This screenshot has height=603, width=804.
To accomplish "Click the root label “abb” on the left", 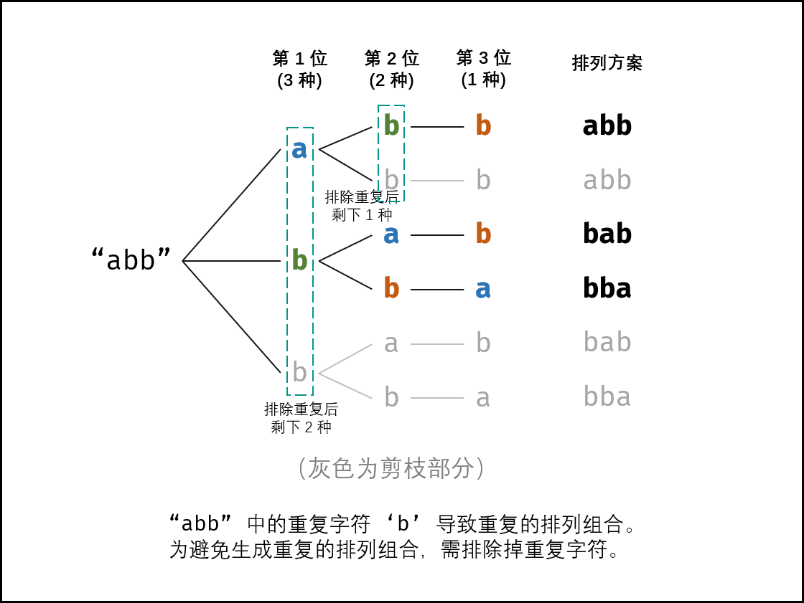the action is (x=131, y=260).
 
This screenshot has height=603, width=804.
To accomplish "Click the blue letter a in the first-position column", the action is (x=299, y=150).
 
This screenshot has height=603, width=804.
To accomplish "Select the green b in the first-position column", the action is (x=299, y=260).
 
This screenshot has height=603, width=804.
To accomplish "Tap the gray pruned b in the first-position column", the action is (x=299, y=371).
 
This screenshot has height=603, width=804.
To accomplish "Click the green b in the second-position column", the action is (x=391, y=125).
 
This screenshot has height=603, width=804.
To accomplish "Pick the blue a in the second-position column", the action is (x=391, y=235).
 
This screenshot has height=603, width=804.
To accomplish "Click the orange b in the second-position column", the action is (x=391, y=288).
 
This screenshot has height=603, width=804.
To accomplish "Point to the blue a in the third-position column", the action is (x=483, y=290).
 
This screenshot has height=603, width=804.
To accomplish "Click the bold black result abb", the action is (x=607, y=125).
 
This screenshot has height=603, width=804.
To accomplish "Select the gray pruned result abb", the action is (x=607, y=179).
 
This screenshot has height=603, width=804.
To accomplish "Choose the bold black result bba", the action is (x=607, y=288).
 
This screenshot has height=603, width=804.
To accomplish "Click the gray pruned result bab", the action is (x=607, y=342).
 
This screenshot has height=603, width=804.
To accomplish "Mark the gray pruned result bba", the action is (x=607, y=396).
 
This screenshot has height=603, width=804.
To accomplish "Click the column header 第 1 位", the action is (x=300, y=58).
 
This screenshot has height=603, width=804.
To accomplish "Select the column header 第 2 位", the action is (x=392, y=58).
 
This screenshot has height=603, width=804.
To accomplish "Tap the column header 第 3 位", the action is (x=484, y=57).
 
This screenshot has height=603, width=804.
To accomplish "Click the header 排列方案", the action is (x=607, y=63).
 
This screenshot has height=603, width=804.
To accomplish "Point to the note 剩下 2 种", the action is (x=301, y=427).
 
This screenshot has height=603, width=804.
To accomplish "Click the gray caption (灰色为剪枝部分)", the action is (x=391, y=467).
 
